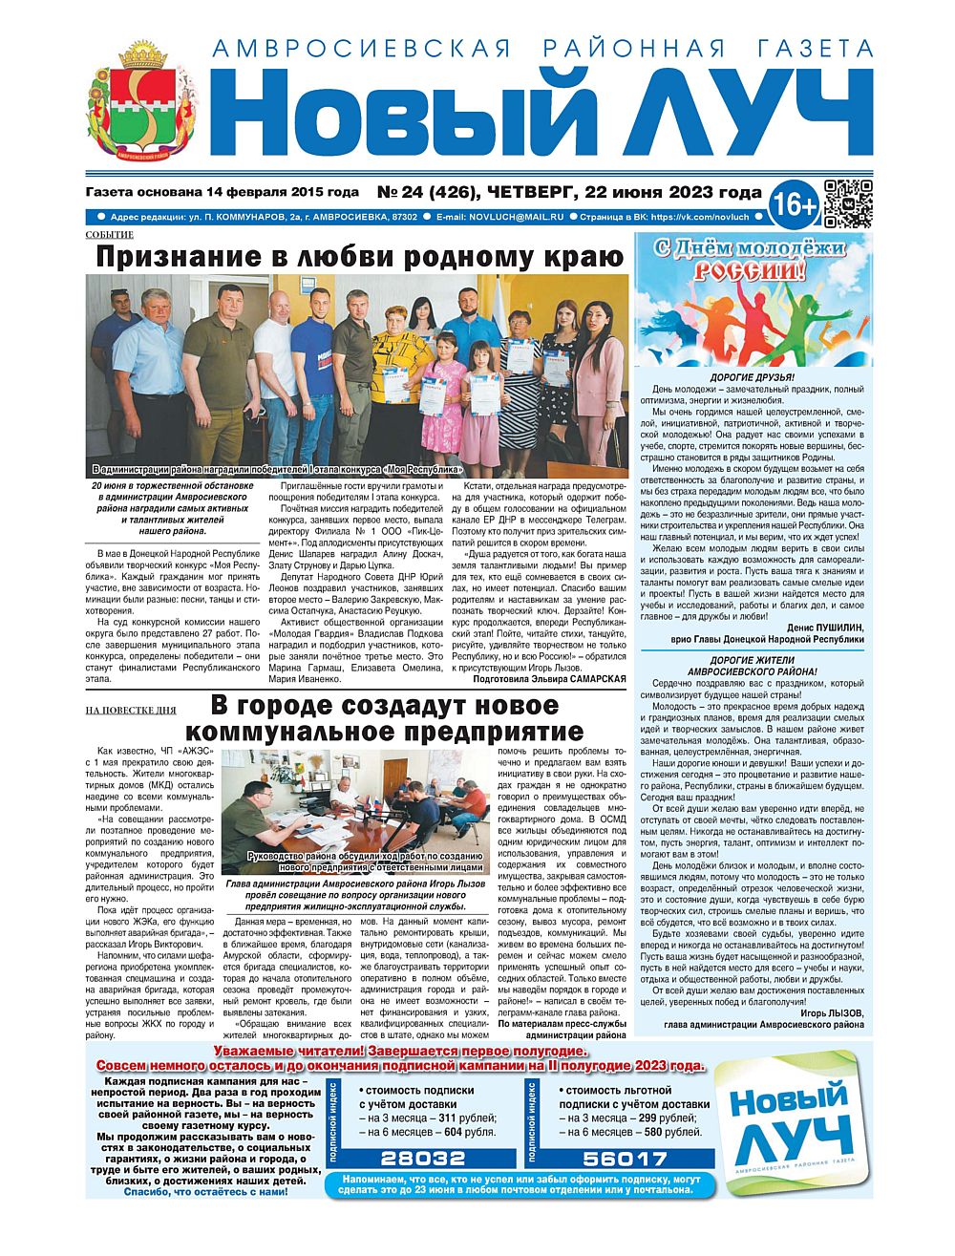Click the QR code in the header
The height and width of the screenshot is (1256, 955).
848,203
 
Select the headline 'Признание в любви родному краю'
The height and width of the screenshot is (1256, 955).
359,257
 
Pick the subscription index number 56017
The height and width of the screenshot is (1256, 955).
626,1159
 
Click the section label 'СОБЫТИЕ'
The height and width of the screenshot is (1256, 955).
109,235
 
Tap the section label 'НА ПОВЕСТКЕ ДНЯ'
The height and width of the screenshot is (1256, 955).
131,711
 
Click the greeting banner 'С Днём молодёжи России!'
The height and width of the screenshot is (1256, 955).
751,260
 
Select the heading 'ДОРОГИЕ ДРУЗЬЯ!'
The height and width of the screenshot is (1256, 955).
752,376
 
